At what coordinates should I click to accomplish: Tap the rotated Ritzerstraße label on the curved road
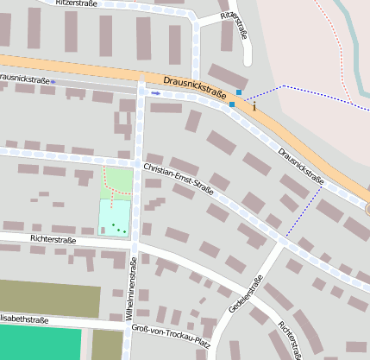[x=235, y=25]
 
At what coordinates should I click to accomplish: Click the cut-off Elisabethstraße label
[x=24, y=319]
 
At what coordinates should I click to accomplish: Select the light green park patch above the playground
[x=120, y=181]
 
